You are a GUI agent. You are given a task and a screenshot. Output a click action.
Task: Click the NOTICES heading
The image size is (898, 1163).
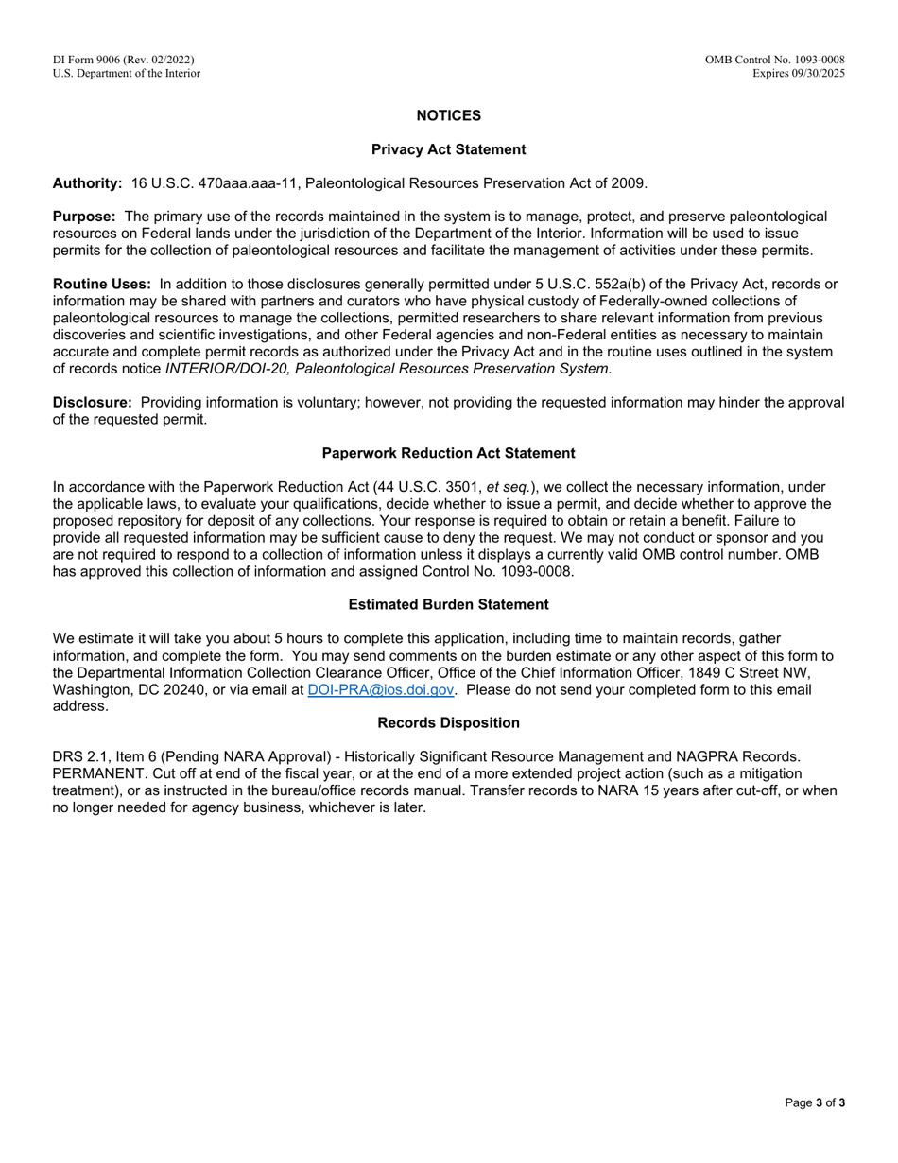[x=448, y=115]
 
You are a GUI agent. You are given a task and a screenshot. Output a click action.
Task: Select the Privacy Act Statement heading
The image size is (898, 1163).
[x=448, y=149]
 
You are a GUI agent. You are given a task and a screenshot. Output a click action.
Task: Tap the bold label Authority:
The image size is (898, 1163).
[x=87, y=182]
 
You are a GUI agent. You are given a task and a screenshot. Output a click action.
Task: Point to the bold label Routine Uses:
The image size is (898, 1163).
[x=101, y=284]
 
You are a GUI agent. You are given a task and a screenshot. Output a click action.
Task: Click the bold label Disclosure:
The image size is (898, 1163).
[x=92, y=402]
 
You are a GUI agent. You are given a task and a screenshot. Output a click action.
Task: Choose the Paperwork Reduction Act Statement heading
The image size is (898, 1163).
[x=448, y=453]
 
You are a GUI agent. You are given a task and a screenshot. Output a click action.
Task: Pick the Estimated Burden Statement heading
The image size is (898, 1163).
[x=448, y=604]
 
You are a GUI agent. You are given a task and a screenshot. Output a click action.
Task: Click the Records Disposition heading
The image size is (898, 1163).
[x=448, y=722]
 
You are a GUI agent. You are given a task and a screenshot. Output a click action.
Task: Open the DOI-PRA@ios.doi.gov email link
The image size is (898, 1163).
[x=381, y=689]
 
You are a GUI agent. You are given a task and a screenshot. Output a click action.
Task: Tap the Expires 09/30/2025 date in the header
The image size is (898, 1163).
[x=799, y=73]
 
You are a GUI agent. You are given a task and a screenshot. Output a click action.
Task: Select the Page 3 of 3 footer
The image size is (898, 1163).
[x=815, y=1102]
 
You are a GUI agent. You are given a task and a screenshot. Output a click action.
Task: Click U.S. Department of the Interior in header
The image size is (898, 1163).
[x=127, y=73]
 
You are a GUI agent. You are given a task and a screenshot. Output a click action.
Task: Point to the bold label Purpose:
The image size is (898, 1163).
[x=84, y=217]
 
